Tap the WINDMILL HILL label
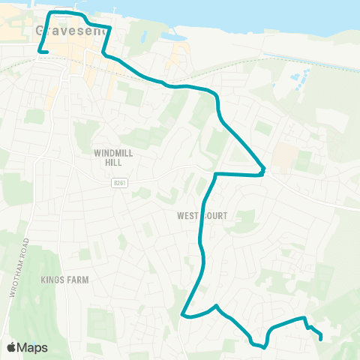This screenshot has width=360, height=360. (113, 157)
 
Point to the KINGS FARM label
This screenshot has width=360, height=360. (65, 280)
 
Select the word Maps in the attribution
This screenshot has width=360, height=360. (33, 348)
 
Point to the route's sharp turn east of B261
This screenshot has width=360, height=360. (262, 170)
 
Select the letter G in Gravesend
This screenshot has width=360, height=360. (40, 31)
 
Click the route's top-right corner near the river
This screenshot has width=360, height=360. (110, 28)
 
